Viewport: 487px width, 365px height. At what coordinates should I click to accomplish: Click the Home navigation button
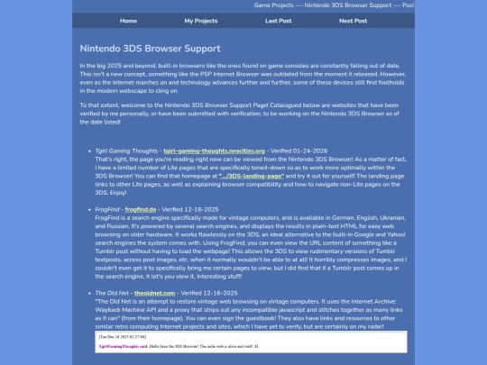[128, 20]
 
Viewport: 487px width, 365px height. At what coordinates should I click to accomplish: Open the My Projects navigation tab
[200, 20]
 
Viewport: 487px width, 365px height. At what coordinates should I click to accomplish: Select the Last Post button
[278, 20]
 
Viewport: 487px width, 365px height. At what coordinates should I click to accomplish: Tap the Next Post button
[353, 20]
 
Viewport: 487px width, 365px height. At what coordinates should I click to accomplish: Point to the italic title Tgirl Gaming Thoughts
[126, 151]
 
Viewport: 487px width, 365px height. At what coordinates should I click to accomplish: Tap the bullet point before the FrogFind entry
[87, 207]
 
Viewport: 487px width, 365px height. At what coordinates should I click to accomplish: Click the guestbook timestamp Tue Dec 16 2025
[118, 335]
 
